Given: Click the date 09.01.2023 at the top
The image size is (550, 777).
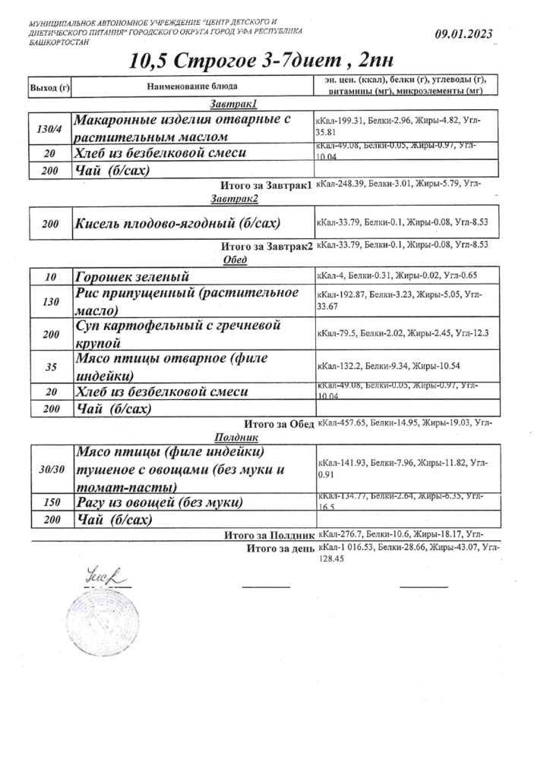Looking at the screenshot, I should tap(463, 34).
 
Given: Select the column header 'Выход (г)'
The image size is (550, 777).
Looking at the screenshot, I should tap(49, 88).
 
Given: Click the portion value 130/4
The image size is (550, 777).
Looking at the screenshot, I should tap(49, 128).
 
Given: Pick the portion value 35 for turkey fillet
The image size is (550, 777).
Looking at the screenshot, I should tap(50, 366).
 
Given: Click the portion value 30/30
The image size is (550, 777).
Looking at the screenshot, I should tap(50, 470).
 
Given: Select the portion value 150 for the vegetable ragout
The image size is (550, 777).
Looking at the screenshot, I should tap(50, 503).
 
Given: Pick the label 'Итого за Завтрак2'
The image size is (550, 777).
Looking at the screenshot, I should tap(266, 246).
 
